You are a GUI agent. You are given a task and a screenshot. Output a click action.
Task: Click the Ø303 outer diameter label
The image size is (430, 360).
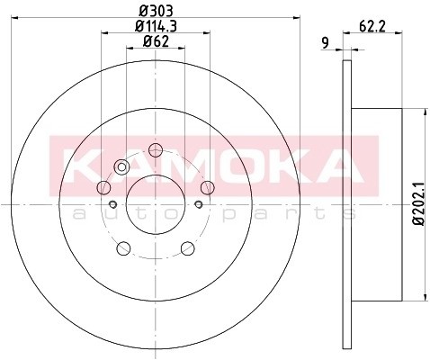157,11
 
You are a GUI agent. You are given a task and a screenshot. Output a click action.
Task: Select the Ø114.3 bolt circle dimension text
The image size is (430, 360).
156,26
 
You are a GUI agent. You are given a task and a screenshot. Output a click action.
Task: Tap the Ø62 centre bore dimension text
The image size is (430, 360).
156,41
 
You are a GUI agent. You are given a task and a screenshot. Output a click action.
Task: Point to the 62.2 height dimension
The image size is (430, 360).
372,26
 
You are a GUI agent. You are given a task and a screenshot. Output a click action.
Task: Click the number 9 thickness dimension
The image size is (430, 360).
325,42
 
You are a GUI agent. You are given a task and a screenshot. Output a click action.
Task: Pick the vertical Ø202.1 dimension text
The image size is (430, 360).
419,203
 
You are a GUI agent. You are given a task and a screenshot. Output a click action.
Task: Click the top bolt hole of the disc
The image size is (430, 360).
156,150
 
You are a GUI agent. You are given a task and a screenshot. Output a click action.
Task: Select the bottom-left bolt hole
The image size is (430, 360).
123,248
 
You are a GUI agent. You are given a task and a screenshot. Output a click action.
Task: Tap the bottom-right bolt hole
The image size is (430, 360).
188,248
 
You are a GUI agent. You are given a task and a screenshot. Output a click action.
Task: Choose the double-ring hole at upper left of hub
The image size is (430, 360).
121,166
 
